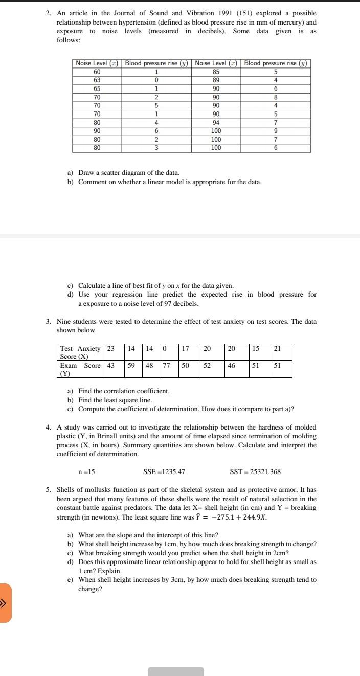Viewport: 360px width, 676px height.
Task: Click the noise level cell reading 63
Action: pyautogui.click(x=97, y=80)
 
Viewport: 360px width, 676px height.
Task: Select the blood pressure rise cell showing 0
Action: pyautogui.click(x=156, y=80)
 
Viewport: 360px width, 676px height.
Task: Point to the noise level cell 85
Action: pyautogui.click(x=216, y=72)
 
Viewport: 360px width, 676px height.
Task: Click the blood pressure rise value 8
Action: pyautogui.click(x=275, y=97)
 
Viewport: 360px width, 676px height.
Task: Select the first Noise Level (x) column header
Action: pyautogui.click(x=97, y=63)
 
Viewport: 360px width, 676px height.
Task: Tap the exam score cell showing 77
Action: pyautogui.click(x=166, y=366)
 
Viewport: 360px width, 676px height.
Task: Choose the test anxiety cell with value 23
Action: pyautogui.click(x=110, y=348)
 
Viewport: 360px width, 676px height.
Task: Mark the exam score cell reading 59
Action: pyautogui.click(x=131, y=366)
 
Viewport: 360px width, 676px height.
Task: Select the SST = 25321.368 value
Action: pyautogui.click(x=255, y=471)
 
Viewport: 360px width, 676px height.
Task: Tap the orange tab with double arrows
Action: pyautogui.click(x=5, y=603)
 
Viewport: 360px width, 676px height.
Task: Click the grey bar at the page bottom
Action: pyautogui.click(x=176, y=671)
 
